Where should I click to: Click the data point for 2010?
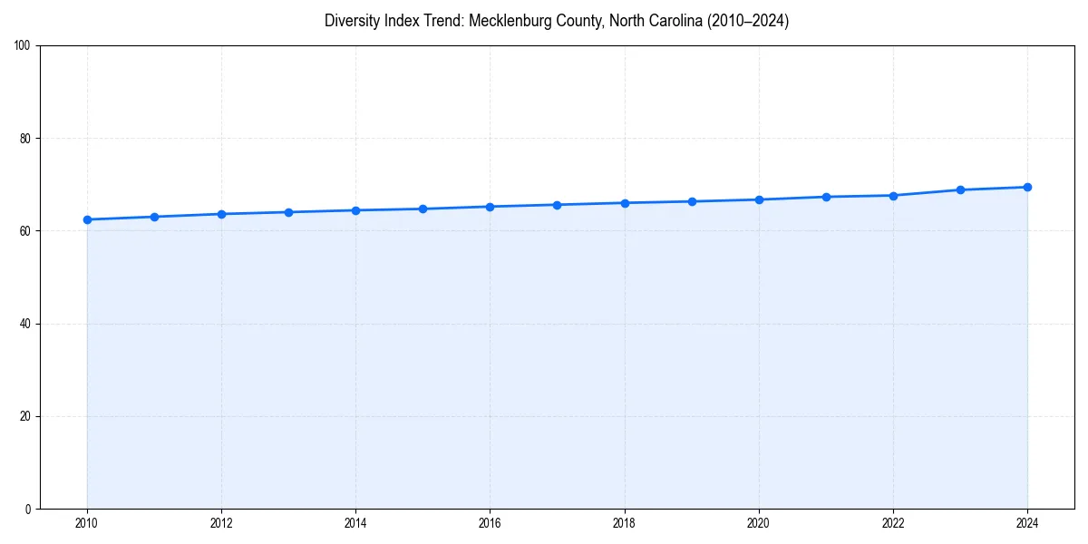pyautogui.click(x=87, y=219)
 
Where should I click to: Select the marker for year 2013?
pyautogui.click(x=288, y=212)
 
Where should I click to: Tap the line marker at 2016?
pyautogui.click(x=490, y=207)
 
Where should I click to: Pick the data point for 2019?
pyautogui.click(x=692, y=201)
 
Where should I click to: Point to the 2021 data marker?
pyautogui.click(x=826, y=197)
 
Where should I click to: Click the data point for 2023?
pyautogui.click(x=960, y=189)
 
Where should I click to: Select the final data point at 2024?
pyautogui.click(x=1027, y=187)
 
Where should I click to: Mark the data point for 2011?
pyautogui.click(x=154, y=217)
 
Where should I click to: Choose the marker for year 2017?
pyautogui.click(x=557, y=205)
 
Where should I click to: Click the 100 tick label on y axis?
pyautogui.click(x=24, y=46)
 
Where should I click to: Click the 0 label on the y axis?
pyautogui.click(x=29, y=509)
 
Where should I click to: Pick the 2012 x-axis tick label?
pyautogui.click(x=221, y=523)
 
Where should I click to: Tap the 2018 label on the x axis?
pyautogui.click(x=624, y=523)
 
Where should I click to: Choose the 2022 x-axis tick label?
pyautogui.click(x=893, y=523)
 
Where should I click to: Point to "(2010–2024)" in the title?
pyautogui.click(x=744, y=21)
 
